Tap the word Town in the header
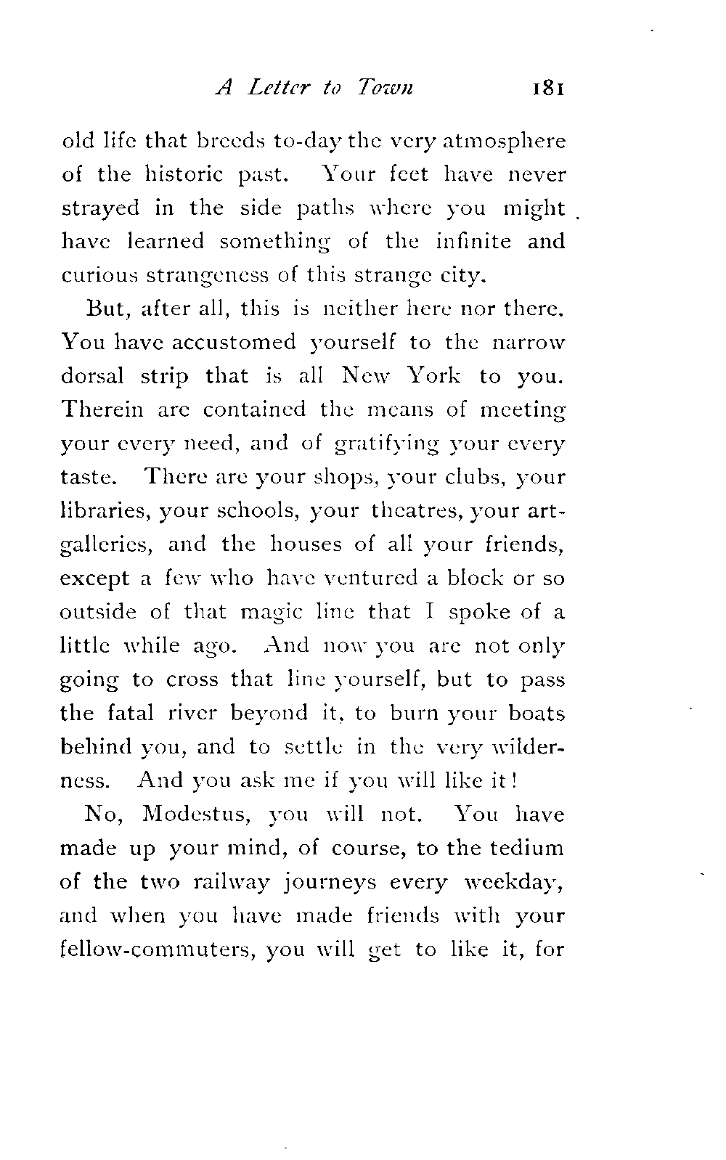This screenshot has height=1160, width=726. (x=386, y=89)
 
